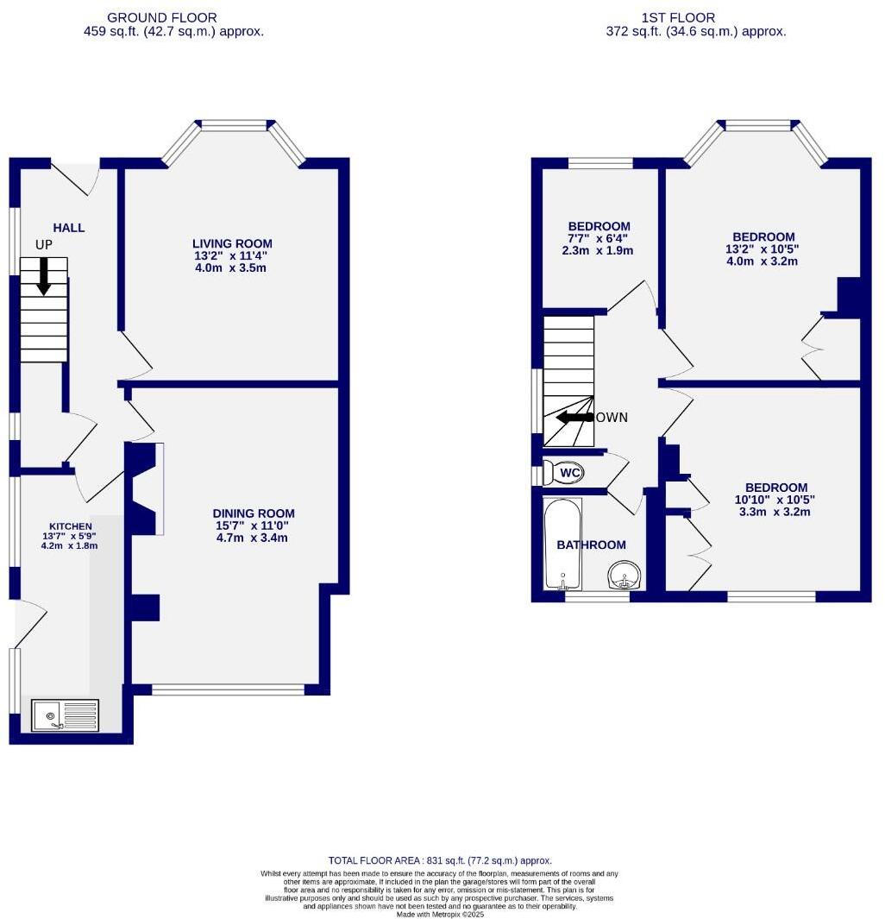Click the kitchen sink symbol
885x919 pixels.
coord(65,715)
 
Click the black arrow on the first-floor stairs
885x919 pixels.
coord(573,418)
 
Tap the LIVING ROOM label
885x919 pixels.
coord(232,243)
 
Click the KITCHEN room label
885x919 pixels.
coord(71,526)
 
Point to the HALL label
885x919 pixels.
coord(69,228)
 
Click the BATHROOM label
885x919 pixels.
coord(591,544)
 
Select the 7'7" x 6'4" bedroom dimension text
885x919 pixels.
coord(599,239)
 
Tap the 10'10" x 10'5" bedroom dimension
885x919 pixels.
coord(774,500)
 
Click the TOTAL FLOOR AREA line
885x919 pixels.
coord(440,860)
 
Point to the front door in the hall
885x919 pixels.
coord(76,177)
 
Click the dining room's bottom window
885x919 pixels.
coord(229,689)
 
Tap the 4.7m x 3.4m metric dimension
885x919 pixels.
coord(252,538)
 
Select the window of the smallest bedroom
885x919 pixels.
coord(600,162)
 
